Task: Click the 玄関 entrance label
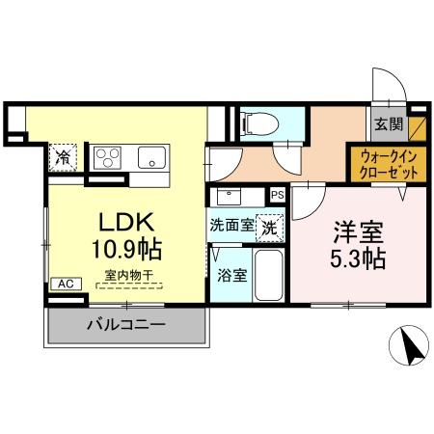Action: (390, 123)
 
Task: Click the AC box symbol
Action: (65, 284)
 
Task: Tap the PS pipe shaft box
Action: (278, 195)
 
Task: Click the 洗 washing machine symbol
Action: (271, 229)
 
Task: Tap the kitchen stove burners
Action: (107, 156)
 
